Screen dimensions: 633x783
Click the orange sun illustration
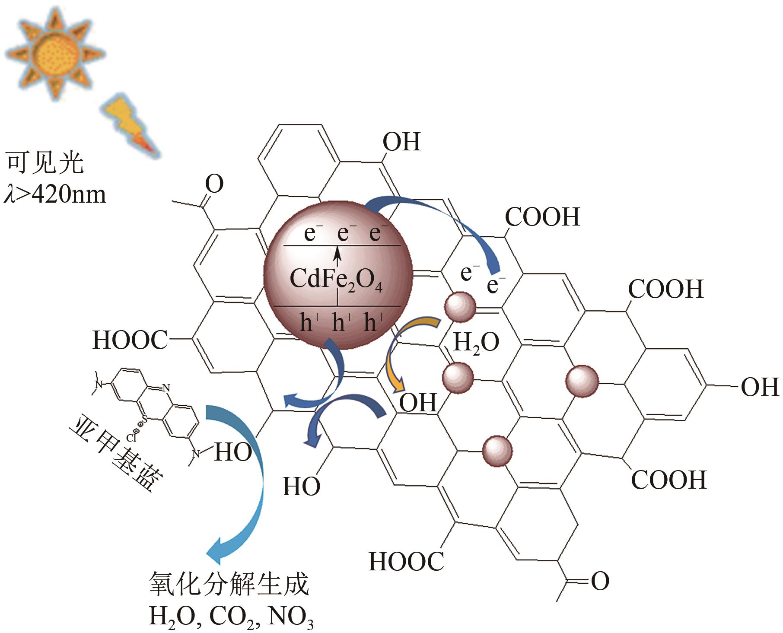click(x=55, y=54)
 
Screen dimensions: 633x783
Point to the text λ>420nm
click(x=55, y=194)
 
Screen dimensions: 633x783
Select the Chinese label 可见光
click(x=45, y=163)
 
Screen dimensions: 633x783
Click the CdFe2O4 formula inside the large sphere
click(x=336, y=279)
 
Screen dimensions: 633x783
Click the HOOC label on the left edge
click(x=130, y=340)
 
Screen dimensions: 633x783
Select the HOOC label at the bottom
click(x=406, y=562)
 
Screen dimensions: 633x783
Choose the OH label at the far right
click(x=760, y=387)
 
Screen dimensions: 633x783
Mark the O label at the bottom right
click(x=600, y=582)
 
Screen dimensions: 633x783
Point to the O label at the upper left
click(x=214, y=184)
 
